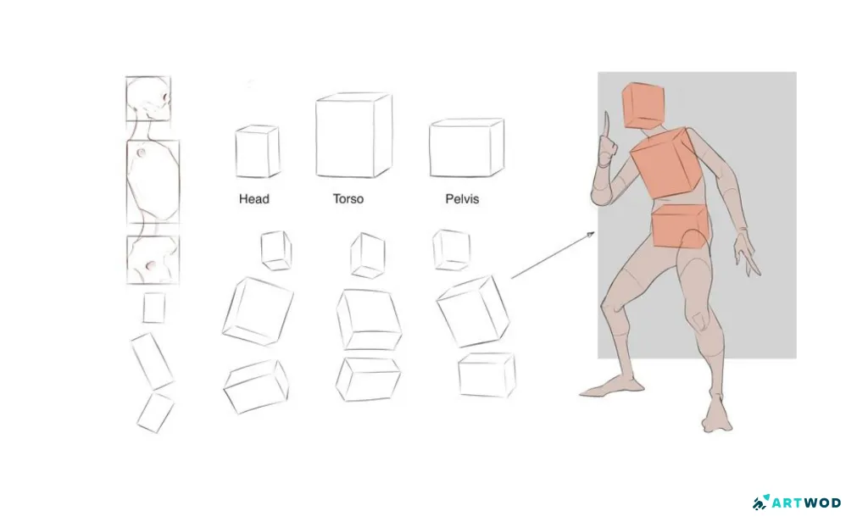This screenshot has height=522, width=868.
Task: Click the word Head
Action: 253,199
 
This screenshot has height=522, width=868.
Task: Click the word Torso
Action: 348,199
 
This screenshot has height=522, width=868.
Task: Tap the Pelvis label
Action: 462,199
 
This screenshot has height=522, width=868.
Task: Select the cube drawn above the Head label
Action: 257,152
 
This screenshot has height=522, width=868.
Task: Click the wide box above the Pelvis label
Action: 465,147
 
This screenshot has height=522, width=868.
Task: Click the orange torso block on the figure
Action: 667,164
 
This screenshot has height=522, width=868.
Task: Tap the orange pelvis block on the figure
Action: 680,226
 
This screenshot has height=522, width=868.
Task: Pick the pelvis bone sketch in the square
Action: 153,259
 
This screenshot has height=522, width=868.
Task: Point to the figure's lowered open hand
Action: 747,254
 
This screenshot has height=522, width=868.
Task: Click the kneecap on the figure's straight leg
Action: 698,321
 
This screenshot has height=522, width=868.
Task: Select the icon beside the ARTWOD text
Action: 760,503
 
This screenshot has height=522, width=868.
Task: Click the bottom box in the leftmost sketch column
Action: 155,413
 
